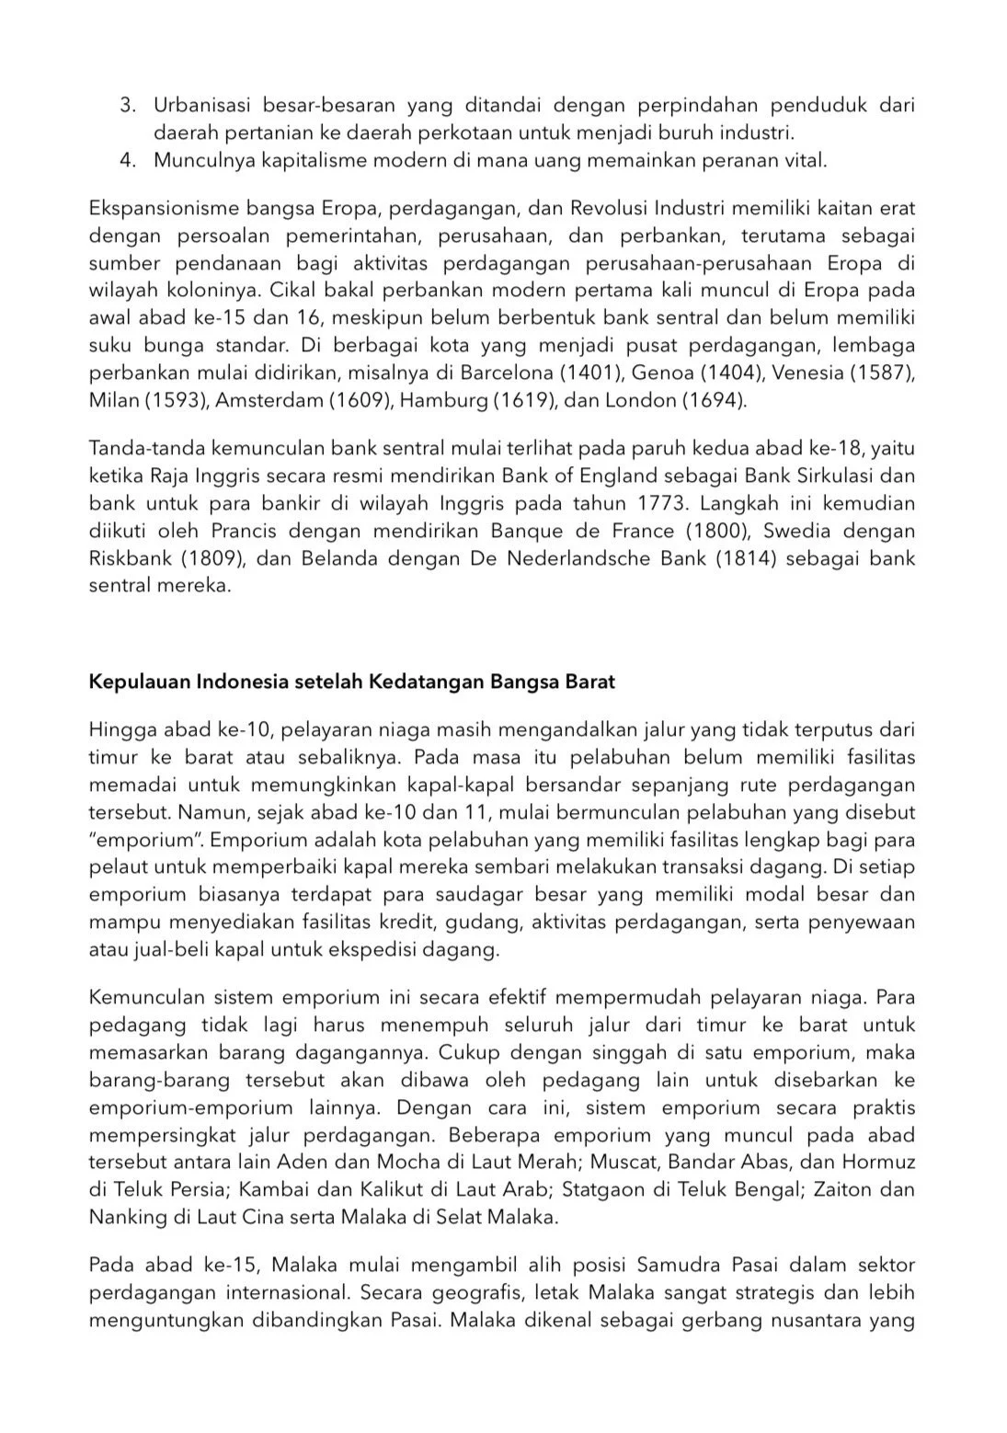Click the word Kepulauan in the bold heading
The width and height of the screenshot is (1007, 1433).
(134, 682)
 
